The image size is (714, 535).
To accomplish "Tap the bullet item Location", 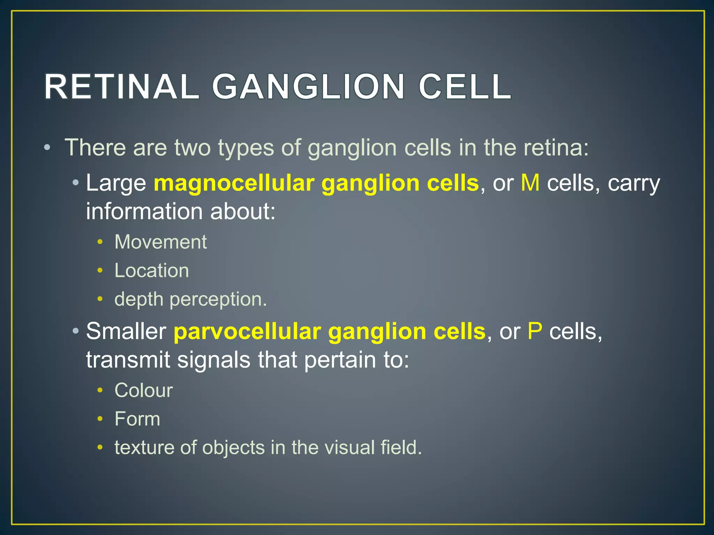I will coord(152,270).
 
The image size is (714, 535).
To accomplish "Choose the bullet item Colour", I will coord(144,390).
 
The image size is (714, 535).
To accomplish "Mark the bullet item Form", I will coord(137,419).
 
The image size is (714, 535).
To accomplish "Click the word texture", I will coord(143,448).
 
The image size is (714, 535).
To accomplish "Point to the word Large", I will coord(116,184).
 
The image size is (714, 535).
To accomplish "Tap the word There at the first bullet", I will coord(95,147).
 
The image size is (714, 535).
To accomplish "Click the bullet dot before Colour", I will coord(100,390).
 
